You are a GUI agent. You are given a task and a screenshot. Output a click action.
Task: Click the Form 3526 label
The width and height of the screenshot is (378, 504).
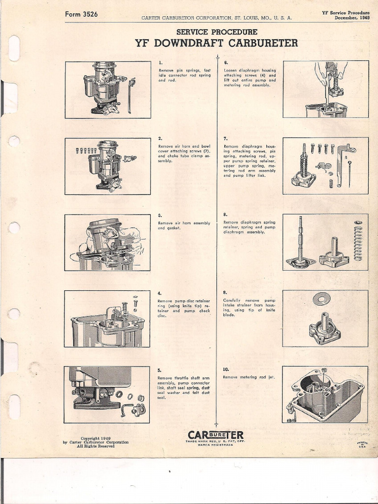(81, 14)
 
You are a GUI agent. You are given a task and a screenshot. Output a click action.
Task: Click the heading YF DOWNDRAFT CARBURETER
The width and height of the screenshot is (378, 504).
(216, 43)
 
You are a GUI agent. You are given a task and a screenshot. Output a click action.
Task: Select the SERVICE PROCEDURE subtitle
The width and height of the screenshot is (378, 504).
(217, 32)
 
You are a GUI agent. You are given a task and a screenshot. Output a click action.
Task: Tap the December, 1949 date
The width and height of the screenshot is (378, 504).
(352, 18)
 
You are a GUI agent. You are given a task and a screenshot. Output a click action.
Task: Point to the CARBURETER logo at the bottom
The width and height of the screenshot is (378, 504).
(216, 435)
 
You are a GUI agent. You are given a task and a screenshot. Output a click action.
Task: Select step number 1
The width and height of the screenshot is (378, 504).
(160, 63)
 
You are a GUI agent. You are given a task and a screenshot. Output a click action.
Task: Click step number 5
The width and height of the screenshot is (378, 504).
(159, 370)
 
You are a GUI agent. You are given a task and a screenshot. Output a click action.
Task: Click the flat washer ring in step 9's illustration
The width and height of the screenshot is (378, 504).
(321, 299)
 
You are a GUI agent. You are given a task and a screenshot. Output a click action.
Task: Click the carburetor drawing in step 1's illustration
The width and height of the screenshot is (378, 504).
(104, 89)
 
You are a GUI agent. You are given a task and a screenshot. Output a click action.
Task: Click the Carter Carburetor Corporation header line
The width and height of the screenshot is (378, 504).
(217, 18)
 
